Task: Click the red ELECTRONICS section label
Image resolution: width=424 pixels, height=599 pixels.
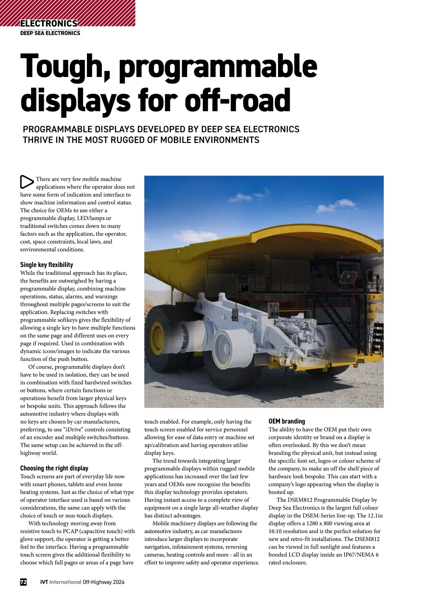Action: pyautogui.click(x=49, y=23)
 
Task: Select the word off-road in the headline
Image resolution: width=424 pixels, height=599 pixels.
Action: pyautogui.click(x=237, y=100)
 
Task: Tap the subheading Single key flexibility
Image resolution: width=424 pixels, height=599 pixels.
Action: pyautogui.click(x=47, y=265)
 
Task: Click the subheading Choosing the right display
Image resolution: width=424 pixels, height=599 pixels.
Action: pyautogui.click(x=54, y=468)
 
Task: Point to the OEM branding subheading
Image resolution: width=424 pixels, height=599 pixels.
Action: pyautogui.click(x=287, y=421)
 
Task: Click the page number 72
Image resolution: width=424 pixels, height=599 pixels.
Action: pyautogui.click(x=23, y=582)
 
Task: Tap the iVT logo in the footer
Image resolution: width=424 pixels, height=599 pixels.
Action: pyautogui.click(x=44, y=582)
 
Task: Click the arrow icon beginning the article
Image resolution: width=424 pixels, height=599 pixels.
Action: pyautogui.click(x=26, y=182)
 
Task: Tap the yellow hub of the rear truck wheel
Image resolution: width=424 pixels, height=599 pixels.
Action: pyautogui.click(x=156, y=337)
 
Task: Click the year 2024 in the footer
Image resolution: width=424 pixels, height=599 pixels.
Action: pyautogui.click(x=119, y=582)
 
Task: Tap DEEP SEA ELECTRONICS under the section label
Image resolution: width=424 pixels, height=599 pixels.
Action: pyautogui.click(x=50, y=33)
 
